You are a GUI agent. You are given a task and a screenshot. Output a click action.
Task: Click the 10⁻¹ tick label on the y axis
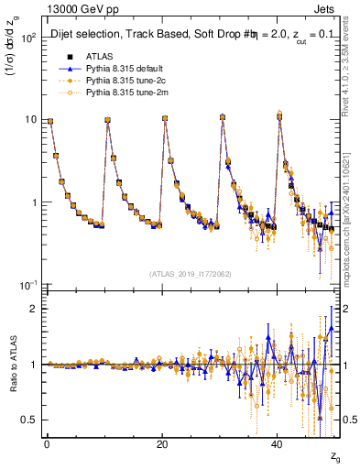[26, 285]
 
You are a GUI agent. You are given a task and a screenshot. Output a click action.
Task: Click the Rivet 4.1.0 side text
[352, 64]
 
